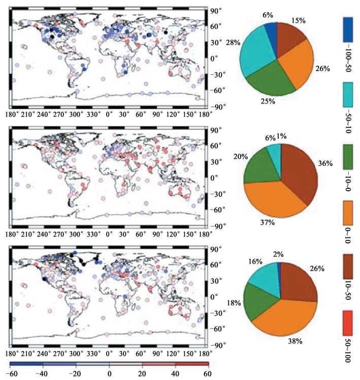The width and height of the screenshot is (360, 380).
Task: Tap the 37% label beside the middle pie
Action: point(268,222)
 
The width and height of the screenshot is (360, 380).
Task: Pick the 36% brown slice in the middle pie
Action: point(299,170)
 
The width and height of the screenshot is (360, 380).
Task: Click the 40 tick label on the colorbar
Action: point(175,373)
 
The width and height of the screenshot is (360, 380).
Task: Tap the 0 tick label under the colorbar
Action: point(109,373)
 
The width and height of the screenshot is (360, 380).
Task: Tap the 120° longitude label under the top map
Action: point(174,115)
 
